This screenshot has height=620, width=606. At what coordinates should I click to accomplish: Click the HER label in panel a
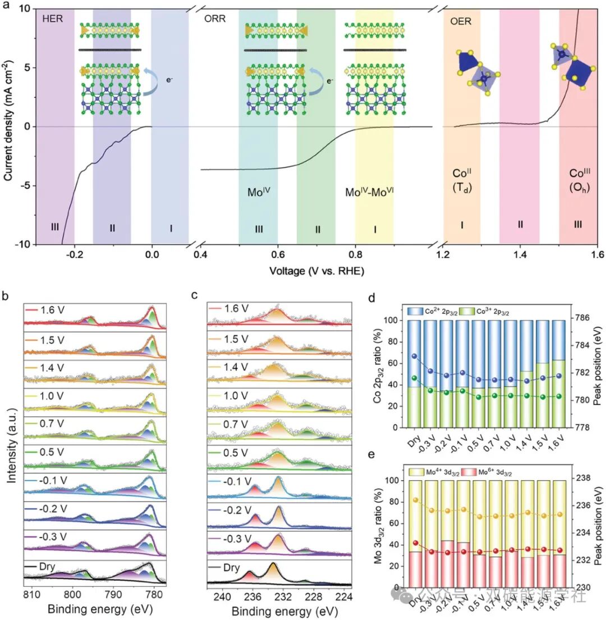[x=51, y=18]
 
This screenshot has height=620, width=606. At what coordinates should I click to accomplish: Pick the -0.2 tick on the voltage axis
[x=75, y=254]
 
